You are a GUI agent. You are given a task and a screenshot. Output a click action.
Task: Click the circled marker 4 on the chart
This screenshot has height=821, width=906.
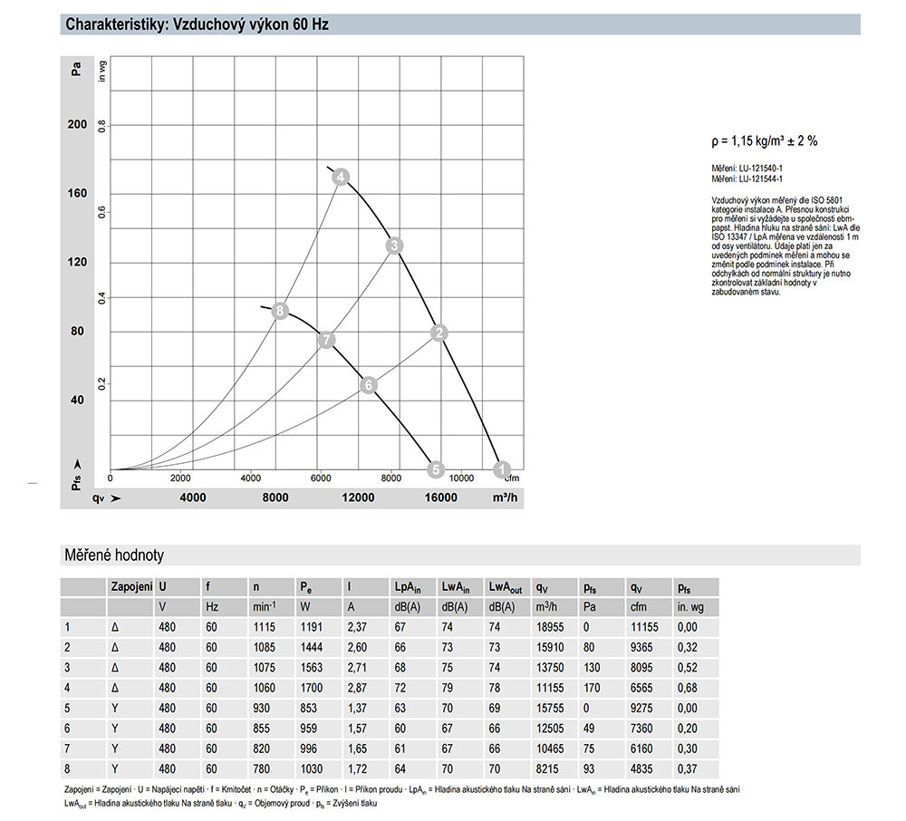click(x=341, y=178)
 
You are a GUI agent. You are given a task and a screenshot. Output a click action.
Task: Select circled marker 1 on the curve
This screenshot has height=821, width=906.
click(x=502, y=468)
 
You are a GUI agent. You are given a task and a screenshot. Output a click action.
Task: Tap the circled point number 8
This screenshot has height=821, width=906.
click(x=280, y=312)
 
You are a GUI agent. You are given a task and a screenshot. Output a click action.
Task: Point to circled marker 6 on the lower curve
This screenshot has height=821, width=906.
click(x=368, y=385)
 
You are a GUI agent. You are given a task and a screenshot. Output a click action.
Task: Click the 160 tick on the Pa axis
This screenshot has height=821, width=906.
click(x=77, y=194)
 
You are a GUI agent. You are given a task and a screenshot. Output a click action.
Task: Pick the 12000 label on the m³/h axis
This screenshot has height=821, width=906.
click(x=358, y=497)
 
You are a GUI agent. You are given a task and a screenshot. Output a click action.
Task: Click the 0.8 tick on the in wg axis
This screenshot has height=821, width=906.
click(x=102, y=125)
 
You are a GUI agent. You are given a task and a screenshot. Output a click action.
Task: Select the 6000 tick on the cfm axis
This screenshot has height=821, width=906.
click(x=320, y=478)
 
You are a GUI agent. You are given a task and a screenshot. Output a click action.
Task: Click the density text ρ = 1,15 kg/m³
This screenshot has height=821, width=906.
click(x=764, y=140)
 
